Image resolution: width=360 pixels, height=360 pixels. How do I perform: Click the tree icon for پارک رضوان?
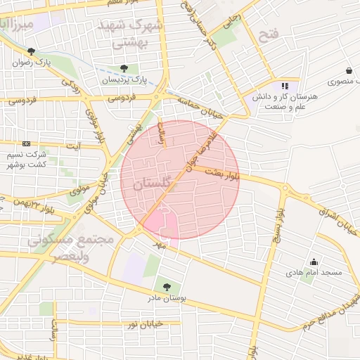tap(31, 51)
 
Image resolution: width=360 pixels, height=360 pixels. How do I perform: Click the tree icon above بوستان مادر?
tap(167, 287)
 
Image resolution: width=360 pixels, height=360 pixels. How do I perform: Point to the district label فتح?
tap(269, 34)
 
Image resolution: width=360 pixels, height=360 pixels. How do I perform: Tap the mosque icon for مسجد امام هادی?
tap(314, 262)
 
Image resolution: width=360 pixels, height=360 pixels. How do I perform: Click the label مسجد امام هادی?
tap(314, 272)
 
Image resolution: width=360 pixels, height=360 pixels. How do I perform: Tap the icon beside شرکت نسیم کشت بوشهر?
tap(27, 143)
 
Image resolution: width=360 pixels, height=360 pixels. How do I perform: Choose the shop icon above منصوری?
tap(349, 70)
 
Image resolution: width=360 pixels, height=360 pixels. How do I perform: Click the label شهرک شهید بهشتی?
tap(138, 34)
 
